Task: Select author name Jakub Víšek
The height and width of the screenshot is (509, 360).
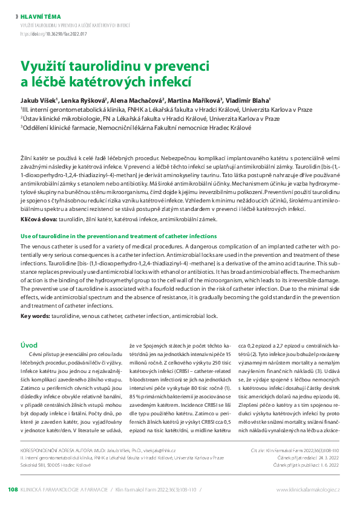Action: (38, 100)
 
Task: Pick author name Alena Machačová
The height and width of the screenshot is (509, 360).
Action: (137, 100)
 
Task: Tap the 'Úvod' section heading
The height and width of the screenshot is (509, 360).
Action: (30, 345)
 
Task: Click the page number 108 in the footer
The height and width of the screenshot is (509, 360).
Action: (13, 489)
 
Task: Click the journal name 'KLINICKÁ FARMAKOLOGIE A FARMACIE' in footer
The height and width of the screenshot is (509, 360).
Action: (65, 489)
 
